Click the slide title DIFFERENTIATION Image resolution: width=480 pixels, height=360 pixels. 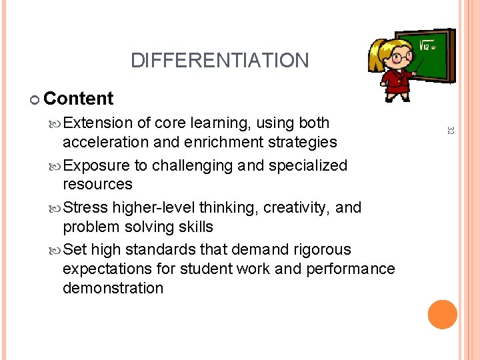click(x=219, y=61)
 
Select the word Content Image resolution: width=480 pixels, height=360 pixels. click(x=79, y=99)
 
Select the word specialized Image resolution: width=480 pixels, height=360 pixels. click(x=307, y=165)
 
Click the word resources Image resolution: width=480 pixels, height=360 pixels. click(x=97, y=184)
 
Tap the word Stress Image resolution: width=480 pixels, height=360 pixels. click(x=89, y=207)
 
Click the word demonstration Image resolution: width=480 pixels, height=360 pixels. click(x=113, y=288)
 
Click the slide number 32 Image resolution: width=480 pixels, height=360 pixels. click(x=450, y=132)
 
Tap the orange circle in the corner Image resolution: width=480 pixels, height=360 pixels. click(x=443, y=315)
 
